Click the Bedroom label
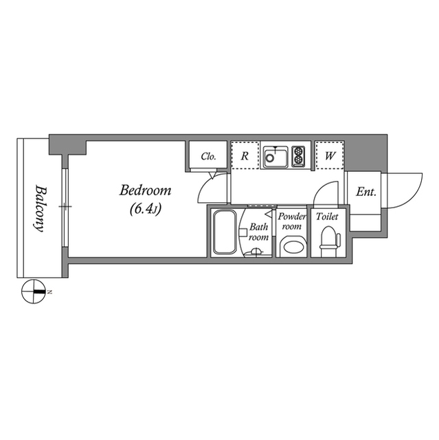[145, 190]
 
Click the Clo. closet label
[209, 156]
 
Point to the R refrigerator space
[245, 156]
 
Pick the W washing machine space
[330, 156]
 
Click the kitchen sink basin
[275, 159]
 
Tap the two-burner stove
[298, 156]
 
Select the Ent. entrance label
[365, 192]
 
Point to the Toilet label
[327, 217]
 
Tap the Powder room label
[292, 221]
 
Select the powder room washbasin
[293, 245]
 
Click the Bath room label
[258, 232]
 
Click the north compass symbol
[33, 292]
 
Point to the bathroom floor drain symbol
[257, 252]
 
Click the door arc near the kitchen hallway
[330, 192]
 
